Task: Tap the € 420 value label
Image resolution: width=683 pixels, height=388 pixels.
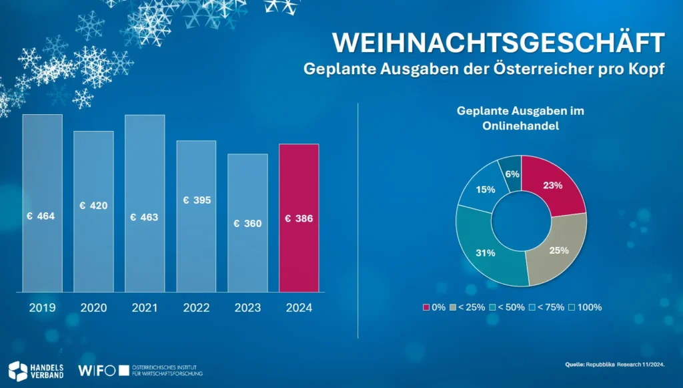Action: pyautogui.click(x=93, y=206)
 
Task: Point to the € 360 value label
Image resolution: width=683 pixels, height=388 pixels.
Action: pyautogui.click(x=247, y=224)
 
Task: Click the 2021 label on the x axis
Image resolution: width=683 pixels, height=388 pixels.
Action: pyautogui.click(x=144, y=308)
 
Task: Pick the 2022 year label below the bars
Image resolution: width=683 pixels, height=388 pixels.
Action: pyautogui.click(x=196, y=308)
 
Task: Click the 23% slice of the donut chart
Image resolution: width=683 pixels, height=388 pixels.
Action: pyautogui.click(x=553, y=186)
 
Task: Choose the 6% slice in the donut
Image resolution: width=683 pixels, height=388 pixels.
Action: pyautogui.click(x=510, y=172)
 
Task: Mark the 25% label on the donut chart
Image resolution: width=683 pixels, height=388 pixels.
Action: pyautogui.click(x=558, y=250)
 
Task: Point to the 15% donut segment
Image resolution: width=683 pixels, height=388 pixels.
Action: pyautogui.click(x=485, y=189)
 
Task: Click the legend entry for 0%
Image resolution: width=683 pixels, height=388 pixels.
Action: pyautogui.click(x=434, y=307)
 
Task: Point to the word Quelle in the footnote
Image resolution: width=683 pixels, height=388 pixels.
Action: pyautogui.click(x=574, y=365)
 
